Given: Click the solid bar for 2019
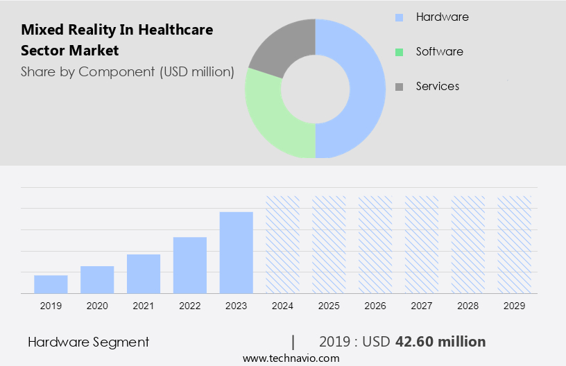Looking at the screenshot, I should pyautogui.click(x=51, y=284).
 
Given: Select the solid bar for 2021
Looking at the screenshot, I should pyautogui.click(x=144, y=274).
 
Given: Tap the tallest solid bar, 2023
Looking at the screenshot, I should pyautogui.click(x=237, y=252).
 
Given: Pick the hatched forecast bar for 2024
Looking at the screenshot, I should pyautogui.click(x=283, y=244).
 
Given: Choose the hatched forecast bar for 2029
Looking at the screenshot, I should pyautogui.click(x=515, y=244).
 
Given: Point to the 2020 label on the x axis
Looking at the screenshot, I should pyautogui.click(x=97, y=305).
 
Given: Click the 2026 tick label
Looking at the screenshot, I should pyautogui.click(x=375, y=305).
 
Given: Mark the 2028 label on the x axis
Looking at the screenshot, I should pyautogui.click(x=468, y=305).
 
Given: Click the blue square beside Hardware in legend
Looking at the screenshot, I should pyautogui.click(x=399, y=17).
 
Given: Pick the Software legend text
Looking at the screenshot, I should pyautogui.click(x=439, y=52).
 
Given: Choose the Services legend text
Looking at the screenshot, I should pyautogui.click(x=437, y=87).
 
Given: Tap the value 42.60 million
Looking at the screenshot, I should pyautogui.click(x=440, y=342).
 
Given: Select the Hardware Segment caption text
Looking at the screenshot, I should pyautogui.click(x=88, y=342).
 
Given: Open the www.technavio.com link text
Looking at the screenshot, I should pyautogui.click(x=291, y=358).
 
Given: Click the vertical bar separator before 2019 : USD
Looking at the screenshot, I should pyautogui.click(x=293, y=342).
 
